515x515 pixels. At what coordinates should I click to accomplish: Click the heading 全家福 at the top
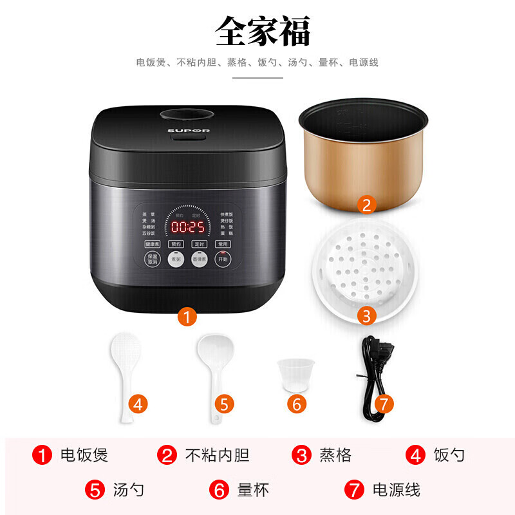tap(262, 30)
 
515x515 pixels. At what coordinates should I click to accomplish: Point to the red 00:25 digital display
tap(187, 227)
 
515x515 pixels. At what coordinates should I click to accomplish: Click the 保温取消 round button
tap(152, 259)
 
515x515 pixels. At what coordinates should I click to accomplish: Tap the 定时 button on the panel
tap(199, 244)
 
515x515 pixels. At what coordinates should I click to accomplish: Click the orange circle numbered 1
tap(186, 316)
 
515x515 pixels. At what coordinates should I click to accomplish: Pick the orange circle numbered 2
tap(366, 205)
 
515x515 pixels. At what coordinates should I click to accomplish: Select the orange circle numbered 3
tap(366, 315)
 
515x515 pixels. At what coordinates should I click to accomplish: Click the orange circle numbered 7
tap(383, 404)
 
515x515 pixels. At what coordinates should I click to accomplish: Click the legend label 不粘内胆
tap(217, 456)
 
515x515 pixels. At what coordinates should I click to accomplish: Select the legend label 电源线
tap(396, 490)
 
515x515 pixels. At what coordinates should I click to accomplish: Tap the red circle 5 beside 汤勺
tap(95, 490)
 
